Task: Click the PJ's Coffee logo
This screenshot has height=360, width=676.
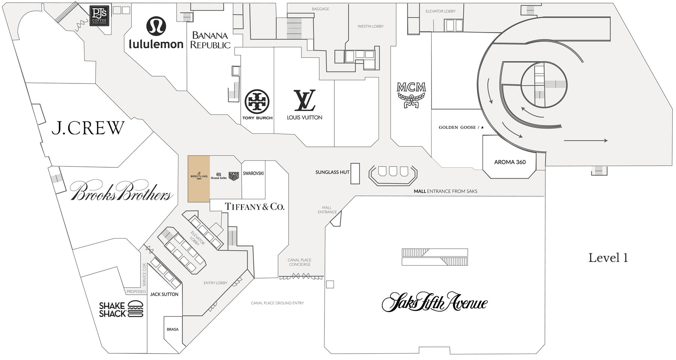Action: point(100,15)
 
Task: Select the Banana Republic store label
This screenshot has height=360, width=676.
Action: point(210,40)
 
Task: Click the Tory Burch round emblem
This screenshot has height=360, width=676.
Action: point(257,102)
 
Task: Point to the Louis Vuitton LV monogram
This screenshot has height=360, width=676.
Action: point(305,100)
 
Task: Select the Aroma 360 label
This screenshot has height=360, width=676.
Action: point(510,162)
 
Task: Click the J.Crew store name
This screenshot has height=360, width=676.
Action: point(88,128)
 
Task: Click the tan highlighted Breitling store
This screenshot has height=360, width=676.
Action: point(199,179)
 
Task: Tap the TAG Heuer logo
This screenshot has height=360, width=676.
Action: point(234,176)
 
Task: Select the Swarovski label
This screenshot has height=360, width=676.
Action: point(253,173)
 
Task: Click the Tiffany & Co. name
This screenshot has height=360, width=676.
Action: point(255,206)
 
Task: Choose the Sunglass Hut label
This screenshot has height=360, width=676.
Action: point(332,172)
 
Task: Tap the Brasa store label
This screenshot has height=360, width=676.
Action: point(172,330)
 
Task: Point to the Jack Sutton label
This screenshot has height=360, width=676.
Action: point(164,294)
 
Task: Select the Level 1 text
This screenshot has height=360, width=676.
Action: point(608,258)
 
